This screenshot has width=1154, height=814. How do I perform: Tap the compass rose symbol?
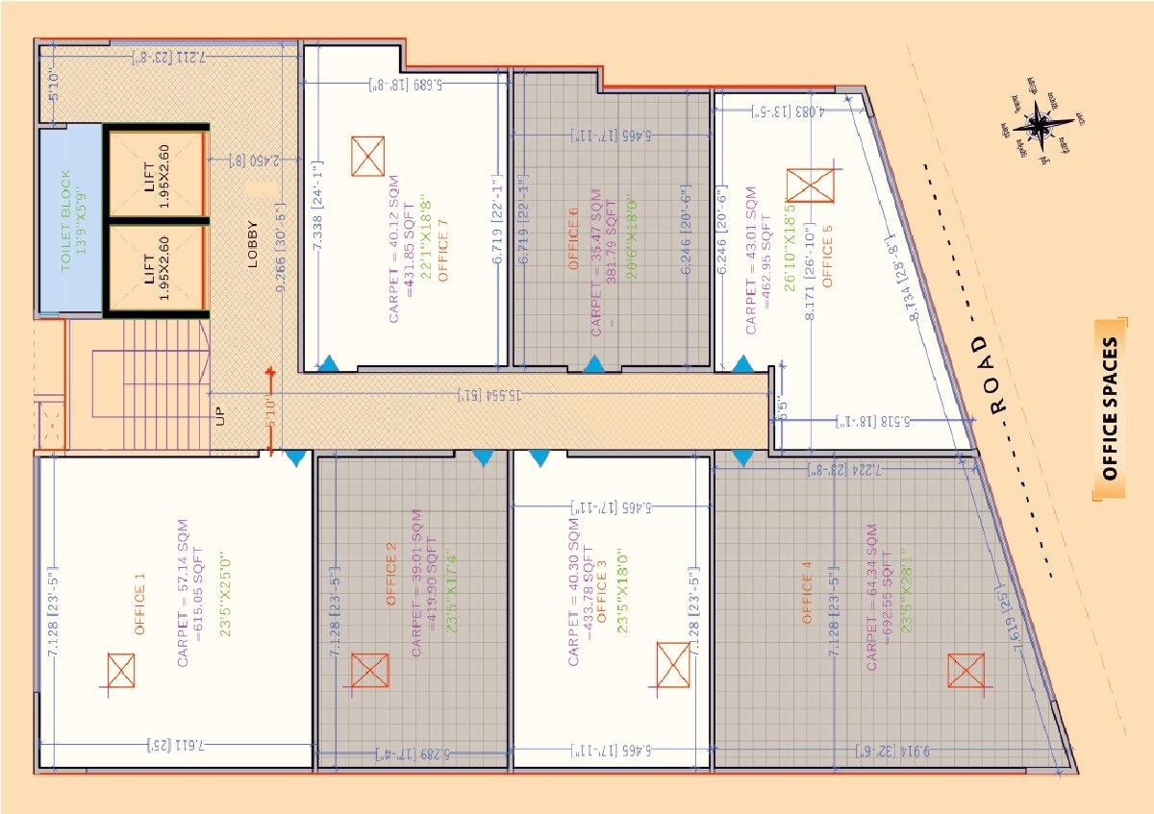point(1041,124)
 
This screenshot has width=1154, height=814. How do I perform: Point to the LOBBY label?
point(253,244)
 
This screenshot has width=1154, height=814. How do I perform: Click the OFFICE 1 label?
point(139,604)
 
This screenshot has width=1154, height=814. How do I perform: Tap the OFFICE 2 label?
point(391,574)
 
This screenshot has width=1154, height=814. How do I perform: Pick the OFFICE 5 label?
point(827,258)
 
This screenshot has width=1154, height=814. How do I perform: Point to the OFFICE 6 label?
point(574,245)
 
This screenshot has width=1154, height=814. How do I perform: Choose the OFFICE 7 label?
point(443,251)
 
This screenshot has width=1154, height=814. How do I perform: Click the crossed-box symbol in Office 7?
point(367,156)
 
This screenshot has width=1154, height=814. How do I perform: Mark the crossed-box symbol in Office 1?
point(121,671)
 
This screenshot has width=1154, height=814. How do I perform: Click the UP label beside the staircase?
point(220,416)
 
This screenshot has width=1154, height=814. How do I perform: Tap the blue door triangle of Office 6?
point(592,364)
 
